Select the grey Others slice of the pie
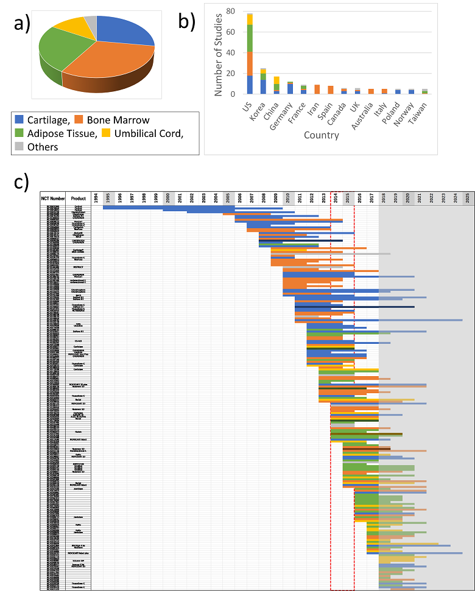coord(91,23)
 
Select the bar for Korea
coord(263,82)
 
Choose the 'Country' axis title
coord(322,135)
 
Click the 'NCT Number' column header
coord(52,198)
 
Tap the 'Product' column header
coord(78,198)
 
